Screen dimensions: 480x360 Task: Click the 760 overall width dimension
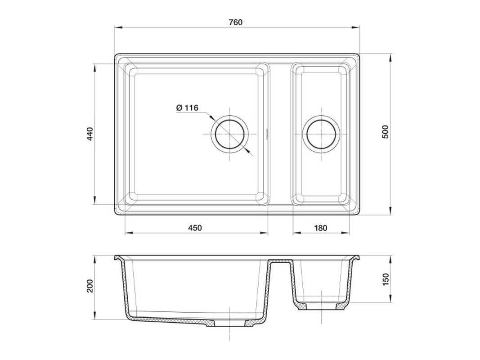point(235,22)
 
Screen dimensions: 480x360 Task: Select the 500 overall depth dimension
point(385,132)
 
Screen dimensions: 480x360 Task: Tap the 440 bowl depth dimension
point(90,134)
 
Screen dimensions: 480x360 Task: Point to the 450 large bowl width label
point(195,228)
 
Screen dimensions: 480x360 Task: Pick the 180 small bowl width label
point(320,228)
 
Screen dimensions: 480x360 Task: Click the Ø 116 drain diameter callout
point(187,108)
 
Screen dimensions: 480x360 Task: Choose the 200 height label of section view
point(90,286)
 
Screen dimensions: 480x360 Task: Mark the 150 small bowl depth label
point(386,279)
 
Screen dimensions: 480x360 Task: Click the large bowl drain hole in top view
point(229,134)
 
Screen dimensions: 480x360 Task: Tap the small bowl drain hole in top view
point(321,134)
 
